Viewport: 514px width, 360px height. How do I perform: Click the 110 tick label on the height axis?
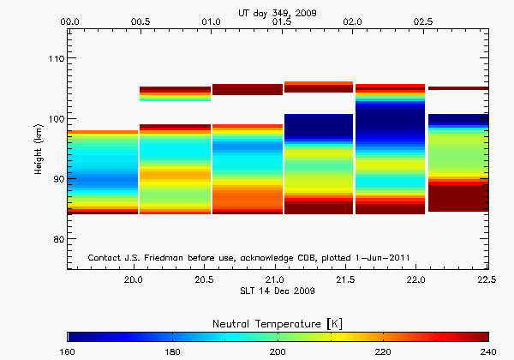(x=54, y=58)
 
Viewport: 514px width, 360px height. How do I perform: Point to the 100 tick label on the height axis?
(x=54, y=118)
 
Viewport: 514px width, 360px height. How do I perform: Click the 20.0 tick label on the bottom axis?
(x=133, y=280)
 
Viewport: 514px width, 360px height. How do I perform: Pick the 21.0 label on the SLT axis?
(x=275, y=280)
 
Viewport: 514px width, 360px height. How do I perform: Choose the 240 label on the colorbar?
(x=487, y=351)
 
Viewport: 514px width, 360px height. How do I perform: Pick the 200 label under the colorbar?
(x=278, y=351)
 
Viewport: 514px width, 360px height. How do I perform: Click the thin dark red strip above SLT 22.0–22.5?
(x=457, y=88)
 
